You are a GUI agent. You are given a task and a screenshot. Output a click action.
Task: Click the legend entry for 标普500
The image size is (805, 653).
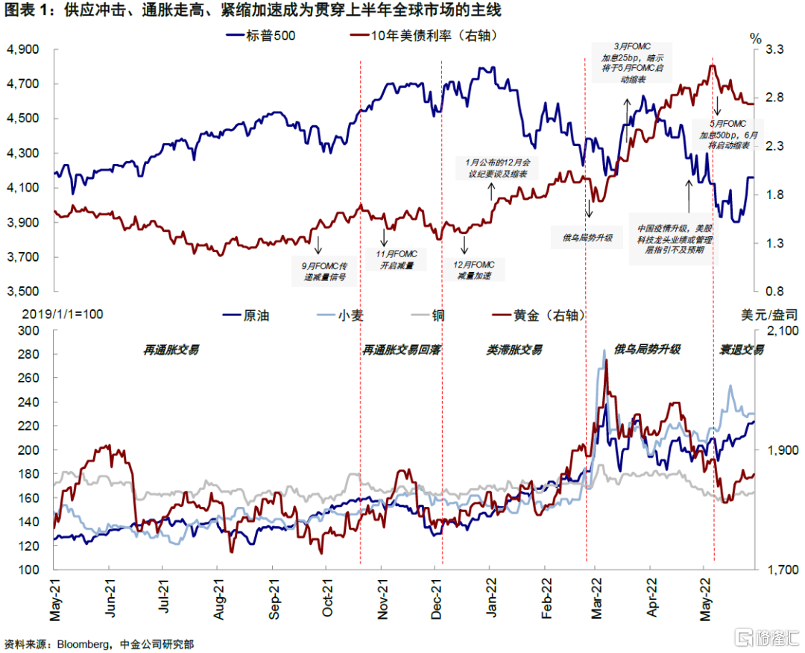(x=261, y=36)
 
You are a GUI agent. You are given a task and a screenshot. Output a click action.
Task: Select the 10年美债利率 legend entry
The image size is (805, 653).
(x=423, y=36)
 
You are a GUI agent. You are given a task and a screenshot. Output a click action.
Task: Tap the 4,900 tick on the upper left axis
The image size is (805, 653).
(x=22, y=49)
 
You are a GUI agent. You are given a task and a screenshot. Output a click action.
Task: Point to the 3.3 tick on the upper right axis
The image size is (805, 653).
(x=774, y=49)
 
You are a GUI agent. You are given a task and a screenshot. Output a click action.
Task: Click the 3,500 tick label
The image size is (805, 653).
(x=22, y=291)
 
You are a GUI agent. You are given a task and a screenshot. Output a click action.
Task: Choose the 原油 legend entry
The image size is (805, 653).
(x=246, y=315)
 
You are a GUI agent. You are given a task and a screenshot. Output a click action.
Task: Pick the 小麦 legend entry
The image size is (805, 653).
(x=340, y=315)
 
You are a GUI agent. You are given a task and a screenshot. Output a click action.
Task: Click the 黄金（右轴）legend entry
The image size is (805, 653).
(x=539, y=315)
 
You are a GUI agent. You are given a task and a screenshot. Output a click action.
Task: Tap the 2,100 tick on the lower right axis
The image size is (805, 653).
(x=783, y=331)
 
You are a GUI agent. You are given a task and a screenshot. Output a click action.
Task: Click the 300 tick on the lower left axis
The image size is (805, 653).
(x=29, y=331)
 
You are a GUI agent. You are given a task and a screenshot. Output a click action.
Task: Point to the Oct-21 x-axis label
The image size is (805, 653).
(x=327, y=598)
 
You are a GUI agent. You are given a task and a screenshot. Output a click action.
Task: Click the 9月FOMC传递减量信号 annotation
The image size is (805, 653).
(x=324, y=271)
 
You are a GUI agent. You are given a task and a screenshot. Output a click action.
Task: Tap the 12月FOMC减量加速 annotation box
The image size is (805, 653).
(x=473, y=270)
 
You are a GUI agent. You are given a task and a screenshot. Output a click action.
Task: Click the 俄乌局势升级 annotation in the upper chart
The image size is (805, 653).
(x=587, y=238)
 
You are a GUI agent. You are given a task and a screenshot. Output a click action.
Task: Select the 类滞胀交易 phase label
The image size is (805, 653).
(x=514, y=350)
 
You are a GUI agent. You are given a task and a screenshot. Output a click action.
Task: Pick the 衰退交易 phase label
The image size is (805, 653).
(x=742, y=350)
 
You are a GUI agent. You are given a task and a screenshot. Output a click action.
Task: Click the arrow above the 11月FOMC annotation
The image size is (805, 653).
(x=384, y=236)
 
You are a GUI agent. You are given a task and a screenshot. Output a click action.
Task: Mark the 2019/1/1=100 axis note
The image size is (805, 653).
(x=62, y=314)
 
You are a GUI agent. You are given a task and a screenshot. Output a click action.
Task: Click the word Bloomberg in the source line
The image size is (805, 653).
(x=82, y=644)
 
